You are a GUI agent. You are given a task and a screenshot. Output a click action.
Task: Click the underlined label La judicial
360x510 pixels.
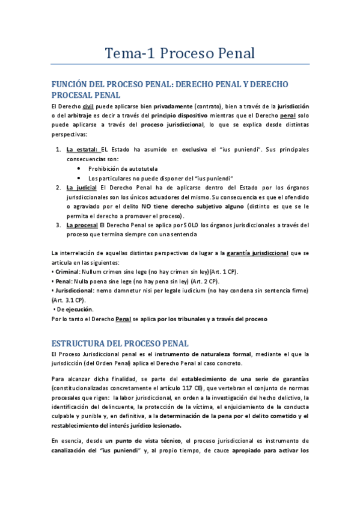click(82, 187)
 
